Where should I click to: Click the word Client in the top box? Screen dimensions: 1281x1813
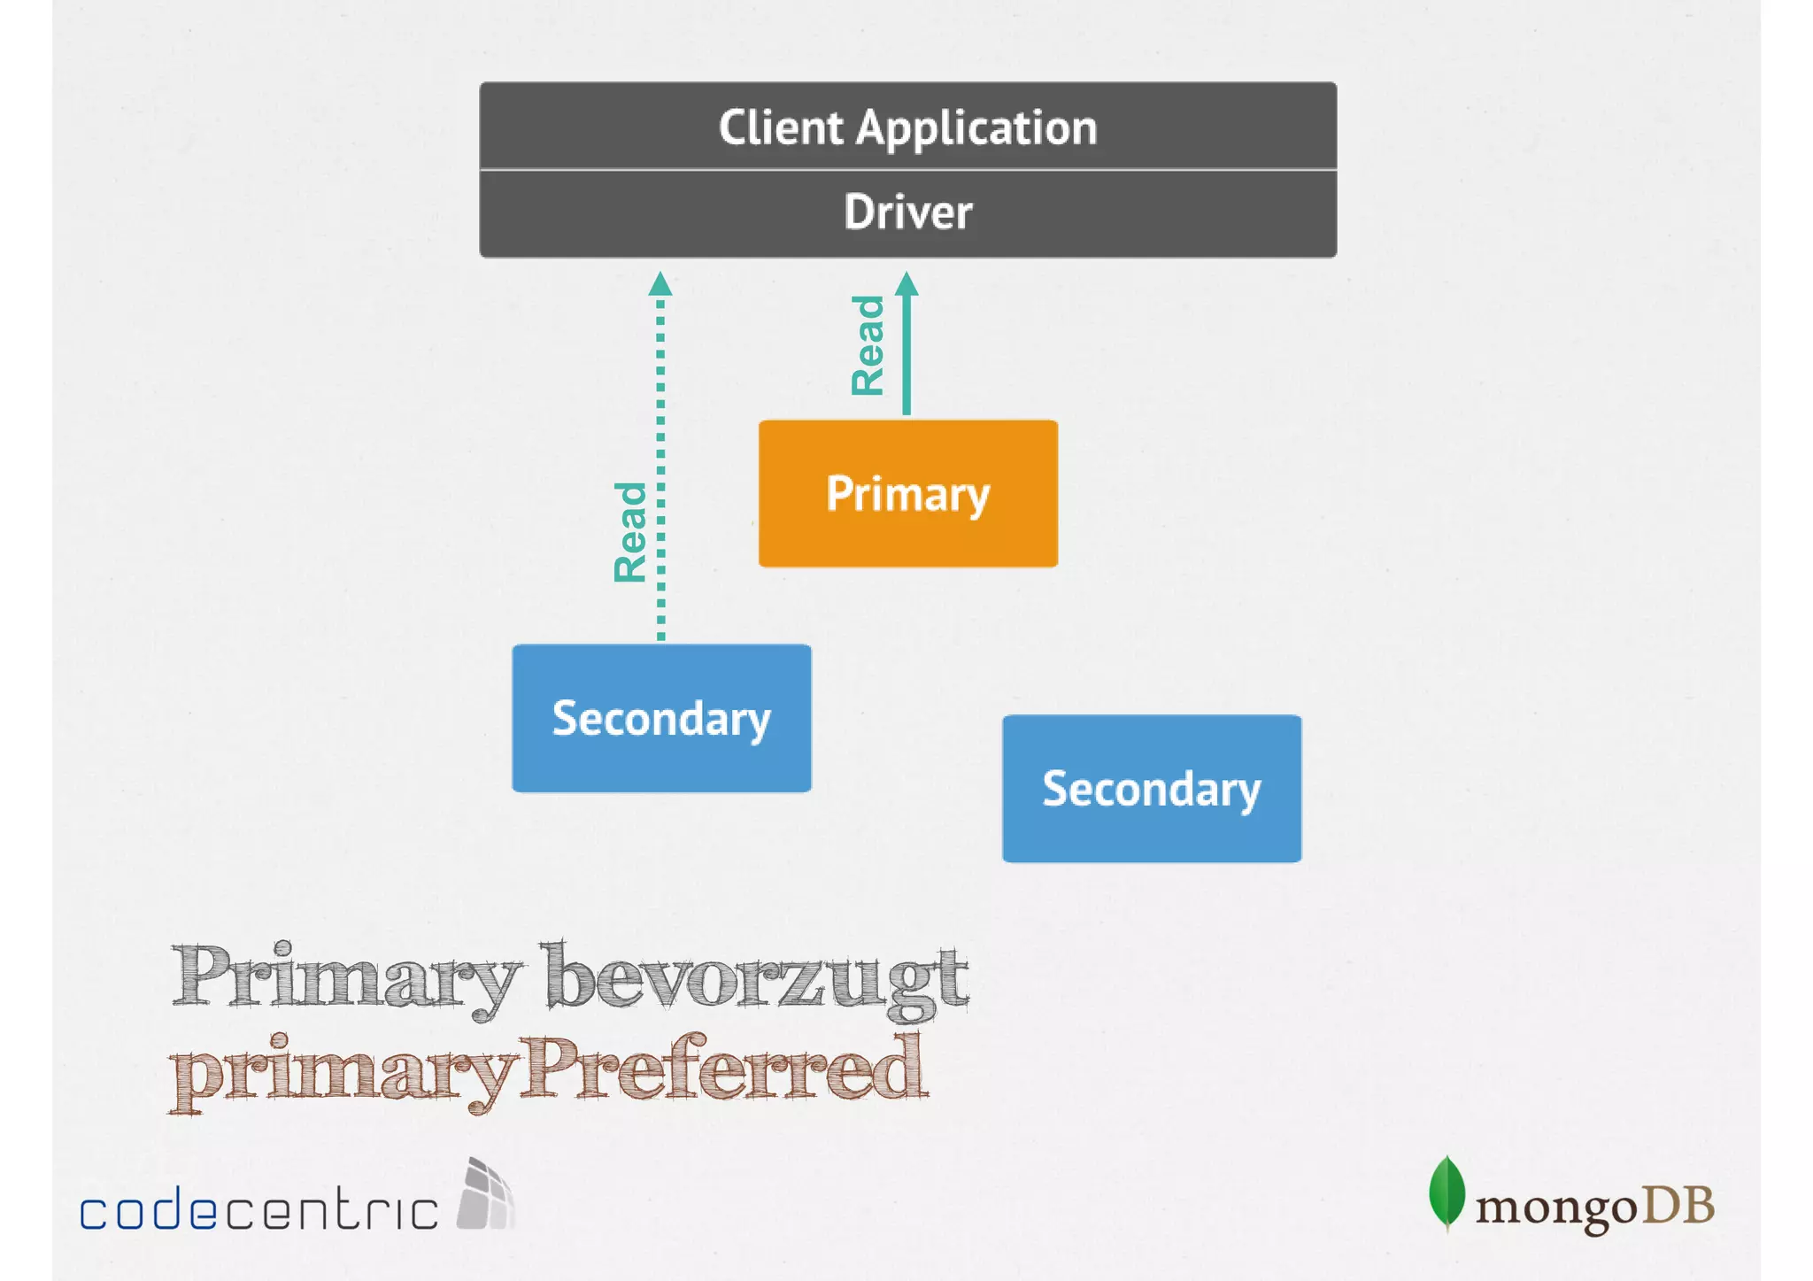tap(780, 127)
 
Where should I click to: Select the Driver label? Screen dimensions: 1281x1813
tap(907, 212)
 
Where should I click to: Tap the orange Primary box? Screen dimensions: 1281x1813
tap(907, 493)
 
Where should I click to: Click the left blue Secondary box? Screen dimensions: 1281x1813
tap(661, 718)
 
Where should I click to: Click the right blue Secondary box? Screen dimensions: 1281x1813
tap(1151, 788)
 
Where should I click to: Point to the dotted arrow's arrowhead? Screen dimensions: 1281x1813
tap(660, 284)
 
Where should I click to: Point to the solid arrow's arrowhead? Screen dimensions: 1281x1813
tap(906, 284)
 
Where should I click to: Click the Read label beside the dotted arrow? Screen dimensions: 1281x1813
tap(631, 532)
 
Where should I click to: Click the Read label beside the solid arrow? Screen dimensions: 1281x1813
tap(868, 345)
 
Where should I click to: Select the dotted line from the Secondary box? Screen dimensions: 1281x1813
tap(660, 469)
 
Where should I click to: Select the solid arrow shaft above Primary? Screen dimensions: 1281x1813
tap(906, 354)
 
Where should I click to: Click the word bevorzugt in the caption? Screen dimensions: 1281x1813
tap(757, 979)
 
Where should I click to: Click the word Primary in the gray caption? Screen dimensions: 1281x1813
tap(345, 977)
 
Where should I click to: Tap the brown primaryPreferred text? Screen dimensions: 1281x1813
tap(549, 1071)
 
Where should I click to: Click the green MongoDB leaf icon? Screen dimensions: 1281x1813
tap(1447, 1192)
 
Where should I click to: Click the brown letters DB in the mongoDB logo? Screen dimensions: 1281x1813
tap(1678, 1206)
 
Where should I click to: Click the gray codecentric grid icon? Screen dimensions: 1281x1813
tap(485, 1195)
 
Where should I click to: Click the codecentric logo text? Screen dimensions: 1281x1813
tap(258, 1209)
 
